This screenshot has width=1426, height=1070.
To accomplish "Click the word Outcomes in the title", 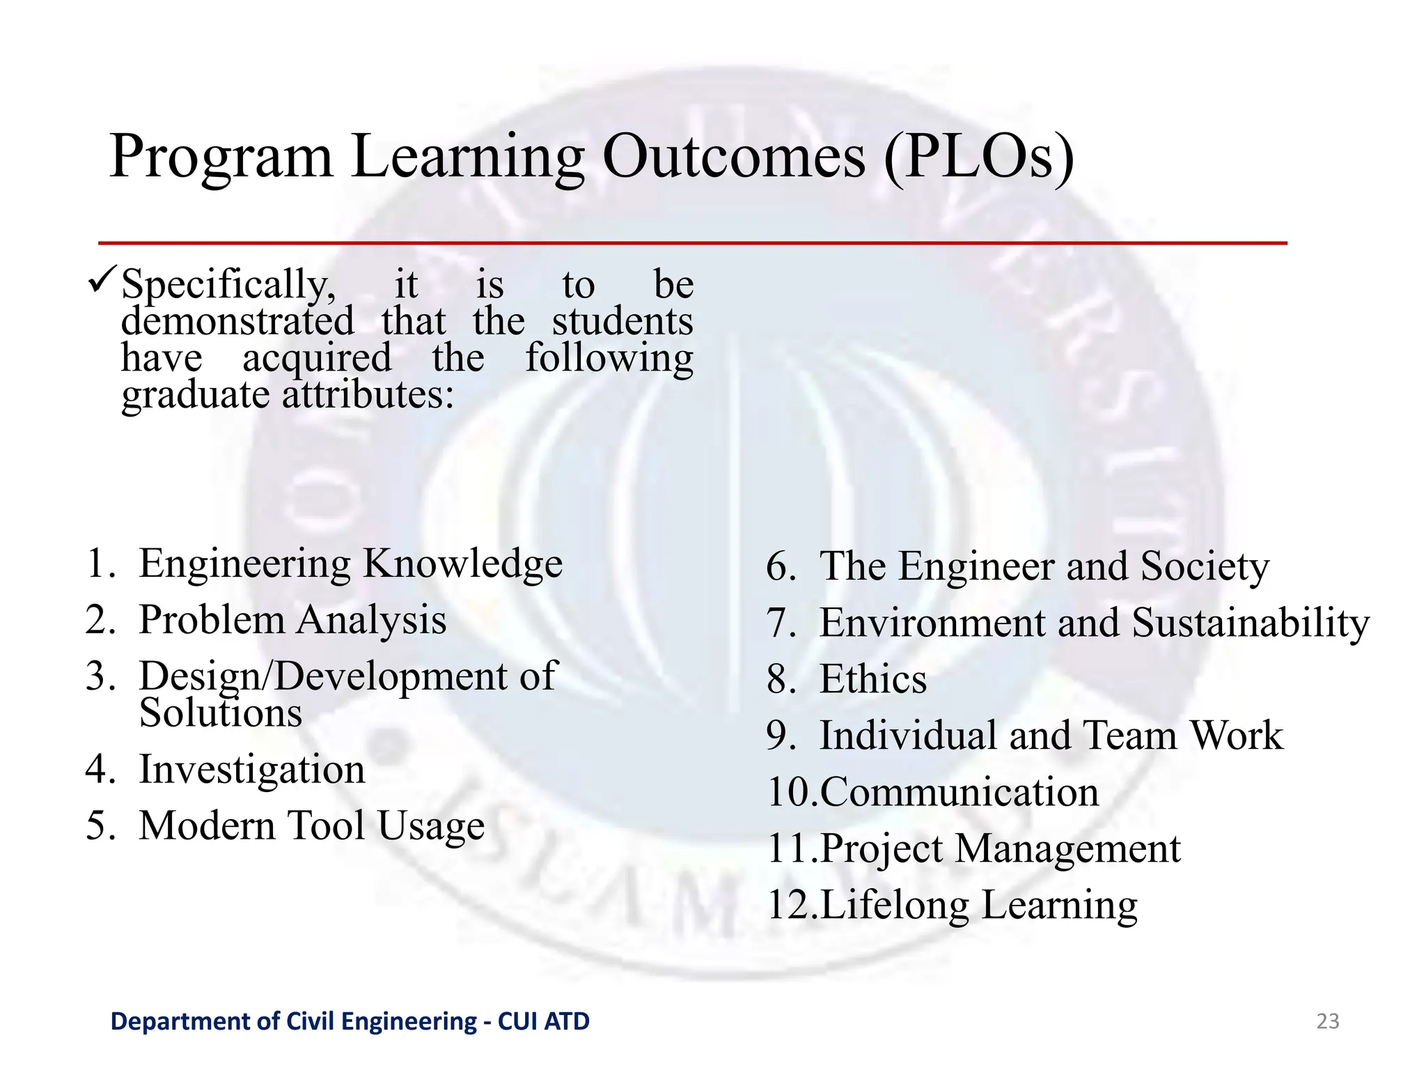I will pos(733,157).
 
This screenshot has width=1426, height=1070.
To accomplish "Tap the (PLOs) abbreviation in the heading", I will pos(979,158).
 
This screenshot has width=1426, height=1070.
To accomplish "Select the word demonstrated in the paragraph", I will pos(237,322).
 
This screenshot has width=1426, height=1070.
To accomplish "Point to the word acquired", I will pos(317,359).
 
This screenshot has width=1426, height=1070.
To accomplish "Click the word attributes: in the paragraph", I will pos(368,395).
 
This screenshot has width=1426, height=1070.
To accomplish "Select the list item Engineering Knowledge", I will pos(350,564).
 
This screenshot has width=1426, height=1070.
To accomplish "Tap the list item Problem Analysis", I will pos(292,620).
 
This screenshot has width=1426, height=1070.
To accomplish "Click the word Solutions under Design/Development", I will pos(221,713).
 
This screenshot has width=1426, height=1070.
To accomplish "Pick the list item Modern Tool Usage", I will pos(311,826).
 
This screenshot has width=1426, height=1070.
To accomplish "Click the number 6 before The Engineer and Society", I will pos(781,566).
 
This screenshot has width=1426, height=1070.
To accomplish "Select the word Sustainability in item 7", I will pos(1250,623).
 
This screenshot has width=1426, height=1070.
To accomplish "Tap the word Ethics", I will pos(872,679).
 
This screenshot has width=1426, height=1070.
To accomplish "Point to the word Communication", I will pos(959,793).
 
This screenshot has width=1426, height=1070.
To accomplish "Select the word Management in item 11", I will pos(1067,849).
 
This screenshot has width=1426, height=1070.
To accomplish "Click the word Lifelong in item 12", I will pos(895,906).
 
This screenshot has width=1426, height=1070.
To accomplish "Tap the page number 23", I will pos(1327,1021).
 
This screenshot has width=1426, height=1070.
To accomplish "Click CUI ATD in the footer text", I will pos(544,1021).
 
